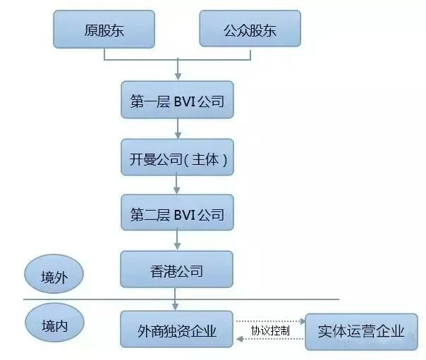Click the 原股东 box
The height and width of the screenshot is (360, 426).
pyautogui.click(x=104, y=30)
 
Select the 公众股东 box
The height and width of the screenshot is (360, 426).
pyautogui.click(x=250, y=28)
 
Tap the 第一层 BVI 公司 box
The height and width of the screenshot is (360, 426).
pyautogui.click(x=178, y=100)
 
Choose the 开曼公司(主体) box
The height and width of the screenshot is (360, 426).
pyautogui.click(x=178, y=157)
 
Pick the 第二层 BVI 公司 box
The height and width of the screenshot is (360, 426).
pyautogui.click(x=178, y=213)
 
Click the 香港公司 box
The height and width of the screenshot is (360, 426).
pyautogui.click(x=176, y=269)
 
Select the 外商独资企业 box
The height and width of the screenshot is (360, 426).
pyautogui.click(x=176, y=329)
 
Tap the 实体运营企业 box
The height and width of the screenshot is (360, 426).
pyautogui.click(x=361, y=332)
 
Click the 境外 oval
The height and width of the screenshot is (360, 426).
pyautogui.click(x=54, y=274)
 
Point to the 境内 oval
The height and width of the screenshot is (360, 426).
pyautogui.click(x=54, y=323)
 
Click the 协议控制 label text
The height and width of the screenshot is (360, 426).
pyautogui.click(x=270, y=330)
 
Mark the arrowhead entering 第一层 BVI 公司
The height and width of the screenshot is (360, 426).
pyautogui.click(x=178, y=76)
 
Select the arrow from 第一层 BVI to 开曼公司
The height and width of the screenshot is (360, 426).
pyautogui.click(x=178, y=129)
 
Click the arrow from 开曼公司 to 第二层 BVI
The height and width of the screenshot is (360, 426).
pyautogui.click(x=177, y=185)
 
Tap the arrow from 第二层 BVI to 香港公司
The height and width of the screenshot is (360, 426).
pyautogui.click(x=177, y=240)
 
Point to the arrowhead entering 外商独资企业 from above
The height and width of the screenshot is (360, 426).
pyautogui.click(x=175, y=306)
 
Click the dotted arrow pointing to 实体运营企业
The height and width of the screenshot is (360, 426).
pyautogui.click(x=270, y=321)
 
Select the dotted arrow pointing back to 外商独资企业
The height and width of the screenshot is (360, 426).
pyautogui.click(x=270, y=339)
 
